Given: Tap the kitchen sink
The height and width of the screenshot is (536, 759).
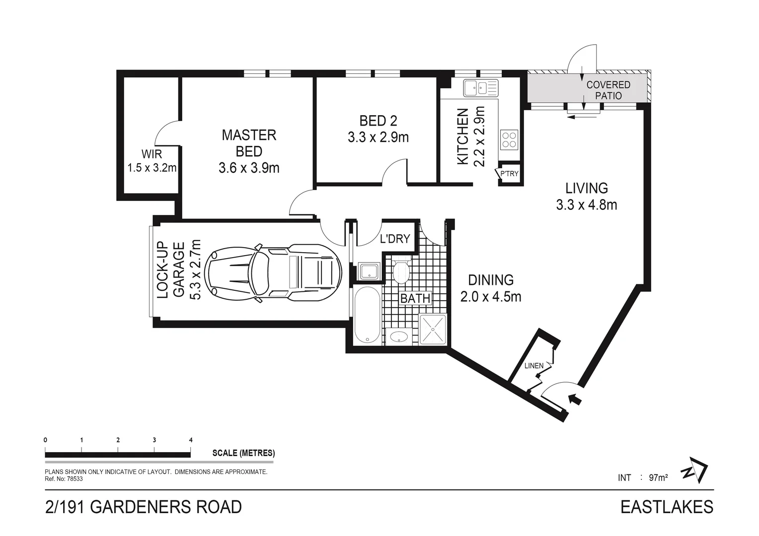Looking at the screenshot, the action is coord(480,88).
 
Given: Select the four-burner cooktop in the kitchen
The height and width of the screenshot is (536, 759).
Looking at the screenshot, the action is coord(509,140).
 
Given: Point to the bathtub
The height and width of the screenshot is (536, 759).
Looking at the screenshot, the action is coord(367,315).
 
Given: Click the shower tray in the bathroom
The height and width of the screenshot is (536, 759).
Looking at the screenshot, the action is coord(433,329).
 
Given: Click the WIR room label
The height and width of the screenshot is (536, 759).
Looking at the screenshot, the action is coord(152,154).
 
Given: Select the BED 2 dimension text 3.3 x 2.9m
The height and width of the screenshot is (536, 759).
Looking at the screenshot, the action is coord(378,137).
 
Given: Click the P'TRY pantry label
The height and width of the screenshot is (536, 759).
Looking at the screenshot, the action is coord(509,174).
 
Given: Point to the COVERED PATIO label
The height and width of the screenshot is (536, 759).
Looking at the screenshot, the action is coord(608,90).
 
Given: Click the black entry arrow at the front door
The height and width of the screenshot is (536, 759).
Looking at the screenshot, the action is coord(575,400).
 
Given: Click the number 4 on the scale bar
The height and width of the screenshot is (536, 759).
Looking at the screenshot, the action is coord(191,440).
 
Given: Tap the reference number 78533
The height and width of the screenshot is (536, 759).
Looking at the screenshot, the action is coord(75,479).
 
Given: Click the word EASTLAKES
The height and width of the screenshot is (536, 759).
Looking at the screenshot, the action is coord(667,507).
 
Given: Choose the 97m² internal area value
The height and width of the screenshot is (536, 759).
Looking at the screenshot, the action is coord(658,477).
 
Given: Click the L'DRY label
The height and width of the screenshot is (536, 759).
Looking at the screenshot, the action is coord(395,239).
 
